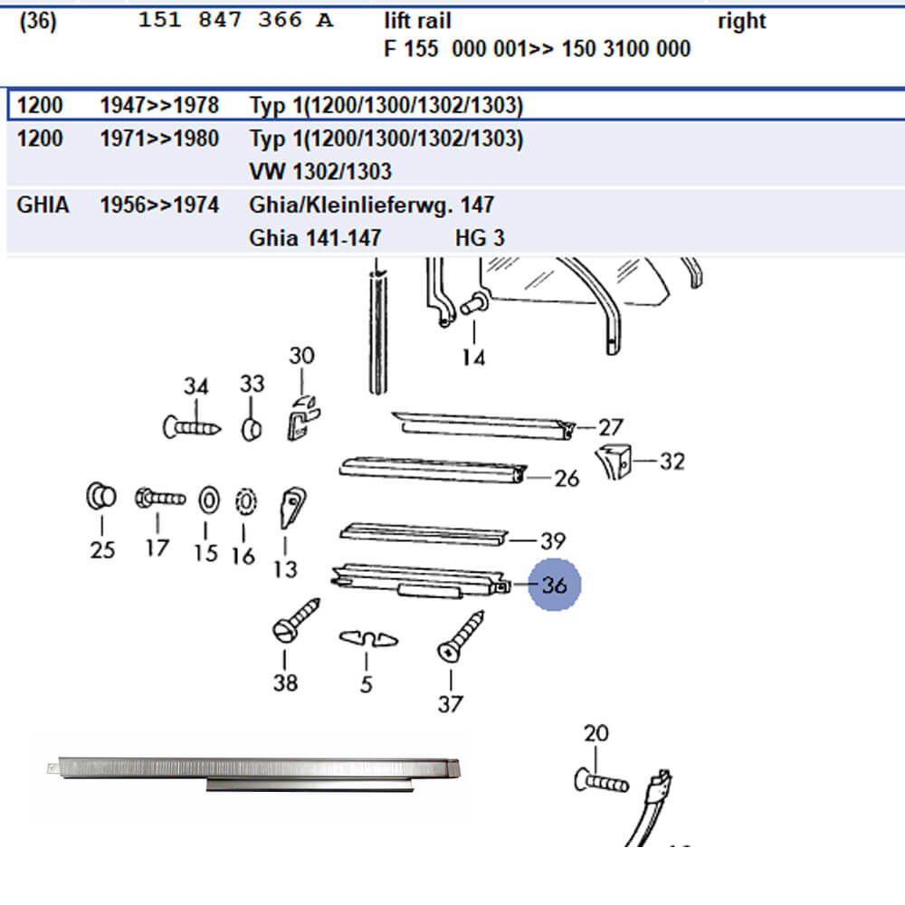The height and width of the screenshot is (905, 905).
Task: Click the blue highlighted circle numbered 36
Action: pyautogui.click(x=555, y=585)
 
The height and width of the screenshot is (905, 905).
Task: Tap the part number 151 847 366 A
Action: pyautogui.click(x=235, y=21)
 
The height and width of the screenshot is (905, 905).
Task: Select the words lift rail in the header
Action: pyautogui.click(x=417, y=21)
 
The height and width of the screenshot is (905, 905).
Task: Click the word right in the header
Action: pyautogui.click(x=741, y=21)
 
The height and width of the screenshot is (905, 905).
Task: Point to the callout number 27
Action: pyautogui.click(x=611, y=427)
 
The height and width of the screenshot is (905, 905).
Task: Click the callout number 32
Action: pyautogui.click(x=672, y=462)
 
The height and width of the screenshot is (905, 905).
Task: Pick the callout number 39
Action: pyautogui.click(x=552, y=541)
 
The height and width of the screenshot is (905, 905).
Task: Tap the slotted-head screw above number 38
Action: pyautogui.click(x=296, y=620)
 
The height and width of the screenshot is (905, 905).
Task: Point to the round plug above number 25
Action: pyautogui.click(x=101, y=496)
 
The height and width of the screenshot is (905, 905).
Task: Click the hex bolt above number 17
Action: pyautogui.click(x=159, y=497)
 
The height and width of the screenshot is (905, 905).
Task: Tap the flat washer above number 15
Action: pyautogui.click(x=207, y=499)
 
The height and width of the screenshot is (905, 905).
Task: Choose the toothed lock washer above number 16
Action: pyautogui.click(x=243, y=500)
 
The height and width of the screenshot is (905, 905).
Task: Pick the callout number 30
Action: pyautogui.click(x=301, y=356)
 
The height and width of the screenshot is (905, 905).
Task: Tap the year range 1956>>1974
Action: pyautogui.click(x=159, y=205)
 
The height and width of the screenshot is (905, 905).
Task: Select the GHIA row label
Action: pyautogui.click(x=42, y=205)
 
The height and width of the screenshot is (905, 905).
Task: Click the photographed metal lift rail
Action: pyautogui.click(x=253, y=769)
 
